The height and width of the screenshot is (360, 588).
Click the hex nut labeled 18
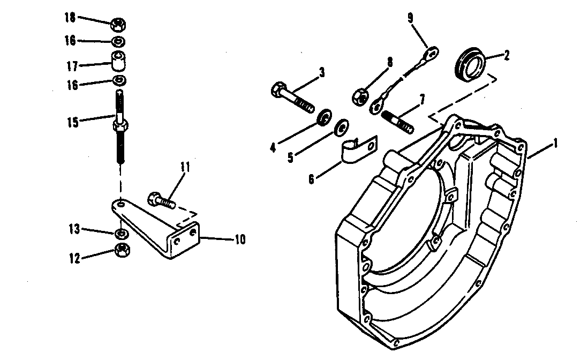[x=119, y=25]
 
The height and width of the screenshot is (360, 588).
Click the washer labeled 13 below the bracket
[x=121, y=234]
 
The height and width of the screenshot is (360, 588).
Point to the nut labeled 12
[x=121, y=250]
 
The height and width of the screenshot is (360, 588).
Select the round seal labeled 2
[x=471, y=64]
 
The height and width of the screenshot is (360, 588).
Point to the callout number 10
[x=239, y=239]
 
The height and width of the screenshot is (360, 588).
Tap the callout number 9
[x=410, y=18]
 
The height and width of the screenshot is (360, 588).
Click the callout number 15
[x=72, y=122]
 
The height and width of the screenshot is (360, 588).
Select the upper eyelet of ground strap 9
[x=432, y=52]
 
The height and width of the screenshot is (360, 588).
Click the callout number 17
[x=72, y=66]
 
